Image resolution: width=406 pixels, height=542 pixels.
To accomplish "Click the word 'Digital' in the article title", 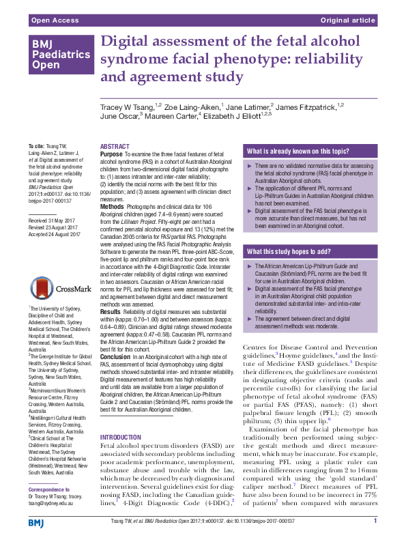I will click(124, 42).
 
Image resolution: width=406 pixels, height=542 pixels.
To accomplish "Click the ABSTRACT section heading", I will click(113, 147).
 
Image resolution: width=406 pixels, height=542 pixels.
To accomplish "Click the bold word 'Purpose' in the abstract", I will click(112, 155).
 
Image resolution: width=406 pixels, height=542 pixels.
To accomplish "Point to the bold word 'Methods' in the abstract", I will click(113, 206).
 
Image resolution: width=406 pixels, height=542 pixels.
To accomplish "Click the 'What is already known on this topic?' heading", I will click(295, 151).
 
